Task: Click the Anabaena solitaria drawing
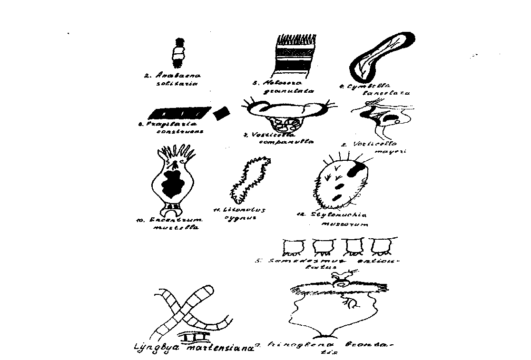click(x=178, y=51)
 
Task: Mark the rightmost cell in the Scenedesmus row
click(x=380, y=248)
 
